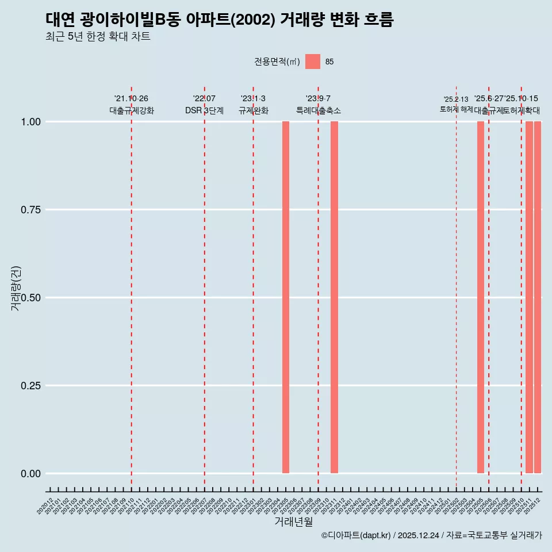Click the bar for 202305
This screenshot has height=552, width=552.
286,297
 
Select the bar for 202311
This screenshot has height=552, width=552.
334,297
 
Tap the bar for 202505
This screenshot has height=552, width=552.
481,297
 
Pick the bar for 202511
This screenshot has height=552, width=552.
529,297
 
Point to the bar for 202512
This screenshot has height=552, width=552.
538,297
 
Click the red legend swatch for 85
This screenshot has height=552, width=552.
313,62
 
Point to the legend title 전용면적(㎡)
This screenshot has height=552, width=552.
277,62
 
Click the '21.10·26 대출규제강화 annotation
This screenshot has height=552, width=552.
132,105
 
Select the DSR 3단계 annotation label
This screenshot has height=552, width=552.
204,110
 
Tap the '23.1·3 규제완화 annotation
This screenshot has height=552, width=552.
253,105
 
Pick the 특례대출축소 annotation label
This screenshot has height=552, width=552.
319,110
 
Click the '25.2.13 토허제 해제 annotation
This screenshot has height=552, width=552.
456,104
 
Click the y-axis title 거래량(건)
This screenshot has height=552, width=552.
16,288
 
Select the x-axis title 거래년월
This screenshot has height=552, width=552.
293,522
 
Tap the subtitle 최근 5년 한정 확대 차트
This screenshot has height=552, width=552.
98,37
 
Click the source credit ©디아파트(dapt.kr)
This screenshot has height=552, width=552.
356,535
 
